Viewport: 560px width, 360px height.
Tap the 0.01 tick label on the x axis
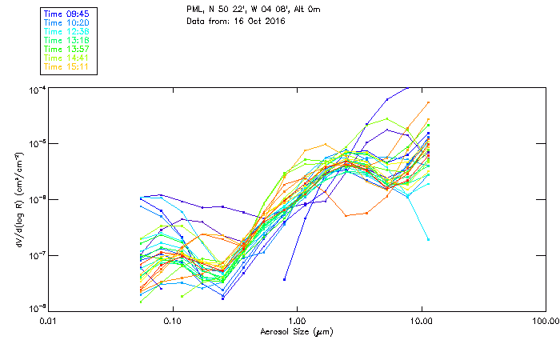48,320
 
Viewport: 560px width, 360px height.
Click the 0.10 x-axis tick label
172,320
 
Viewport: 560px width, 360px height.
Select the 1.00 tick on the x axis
297,320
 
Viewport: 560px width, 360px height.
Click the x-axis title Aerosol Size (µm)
296,331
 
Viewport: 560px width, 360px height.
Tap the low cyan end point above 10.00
428,239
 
